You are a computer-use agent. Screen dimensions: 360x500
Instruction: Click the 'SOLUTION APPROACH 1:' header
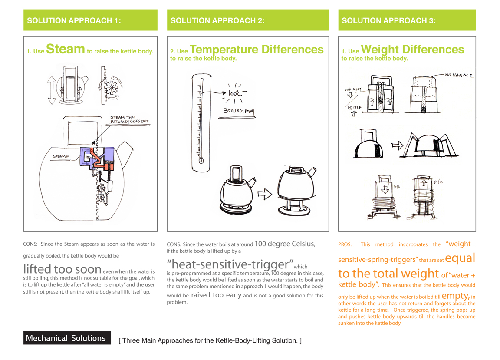[74, 20]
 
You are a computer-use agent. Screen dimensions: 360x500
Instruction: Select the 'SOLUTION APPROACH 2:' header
[217, 20]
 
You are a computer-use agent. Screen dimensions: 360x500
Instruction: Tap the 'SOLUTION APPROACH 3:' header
[389, 20]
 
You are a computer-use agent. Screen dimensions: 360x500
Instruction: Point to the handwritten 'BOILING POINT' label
[239, 111]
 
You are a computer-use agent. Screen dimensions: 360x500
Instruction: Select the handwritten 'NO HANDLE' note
[459, 76]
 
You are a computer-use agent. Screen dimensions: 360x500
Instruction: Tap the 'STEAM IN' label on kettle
[62, 156]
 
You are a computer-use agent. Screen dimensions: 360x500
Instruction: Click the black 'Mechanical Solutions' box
[66, 338]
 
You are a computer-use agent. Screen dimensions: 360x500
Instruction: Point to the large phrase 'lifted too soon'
[62, 269]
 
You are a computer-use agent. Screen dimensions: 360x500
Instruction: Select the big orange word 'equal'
[460, 258]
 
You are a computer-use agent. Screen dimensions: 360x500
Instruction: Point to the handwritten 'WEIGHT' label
[353, 90]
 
